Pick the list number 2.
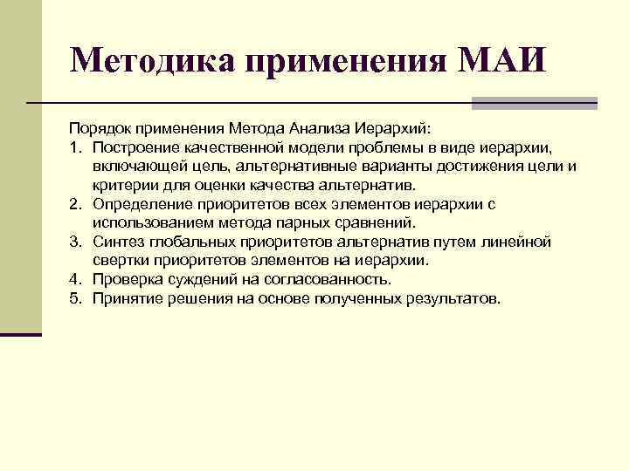point(76,204)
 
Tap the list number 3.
point(76,241)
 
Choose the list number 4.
point(76,280)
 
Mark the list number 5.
point(76,298)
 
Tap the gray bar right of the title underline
point(534,103)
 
